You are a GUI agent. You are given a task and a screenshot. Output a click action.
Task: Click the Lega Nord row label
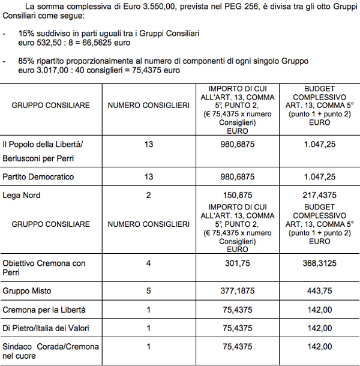[x=22, y=195]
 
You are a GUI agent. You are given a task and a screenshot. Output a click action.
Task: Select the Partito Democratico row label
[x=38, y=177]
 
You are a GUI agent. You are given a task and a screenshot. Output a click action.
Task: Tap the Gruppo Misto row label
[x=27, y=291]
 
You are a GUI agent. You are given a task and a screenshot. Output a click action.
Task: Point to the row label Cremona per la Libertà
[x=44, y=310]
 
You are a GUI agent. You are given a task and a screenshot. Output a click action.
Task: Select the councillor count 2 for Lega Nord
[x=148, y=195]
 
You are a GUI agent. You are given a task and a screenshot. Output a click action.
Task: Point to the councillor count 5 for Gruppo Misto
[x=148, y=291]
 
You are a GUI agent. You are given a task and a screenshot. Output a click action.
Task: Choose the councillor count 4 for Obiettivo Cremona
[x=148, y=263]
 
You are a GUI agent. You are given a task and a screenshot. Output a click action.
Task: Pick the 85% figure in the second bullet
[x=26, y=61]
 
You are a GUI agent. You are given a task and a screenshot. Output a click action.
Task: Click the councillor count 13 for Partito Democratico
[x=148, y=177]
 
